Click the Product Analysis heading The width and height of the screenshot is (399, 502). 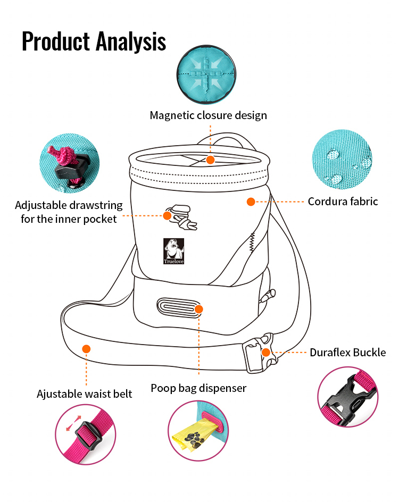tap(94, 41)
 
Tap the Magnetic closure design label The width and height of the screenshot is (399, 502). tap(208, 115)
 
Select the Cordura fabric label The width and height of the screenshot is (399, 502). tap(343, 202)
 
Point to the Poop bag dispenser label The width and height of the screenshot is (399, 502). tap(198, 388)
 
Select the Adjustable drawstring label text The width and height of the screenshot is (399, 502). tap(69, 212)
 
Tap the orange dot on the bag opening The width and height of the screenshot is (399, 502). tap(210, 160)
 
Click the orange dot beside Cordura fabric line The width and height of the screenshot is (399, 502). tap(251, 202)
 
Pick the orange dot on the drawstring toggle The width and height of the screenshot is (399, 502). tap(167, 215)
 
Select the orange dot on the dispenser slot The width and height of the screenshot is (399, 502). tap(198, 309)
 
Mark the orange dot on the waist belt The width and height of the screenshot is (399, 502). tap(86, 348)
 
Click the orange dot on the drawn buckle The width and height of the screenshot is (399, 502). tap(265, 352)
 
